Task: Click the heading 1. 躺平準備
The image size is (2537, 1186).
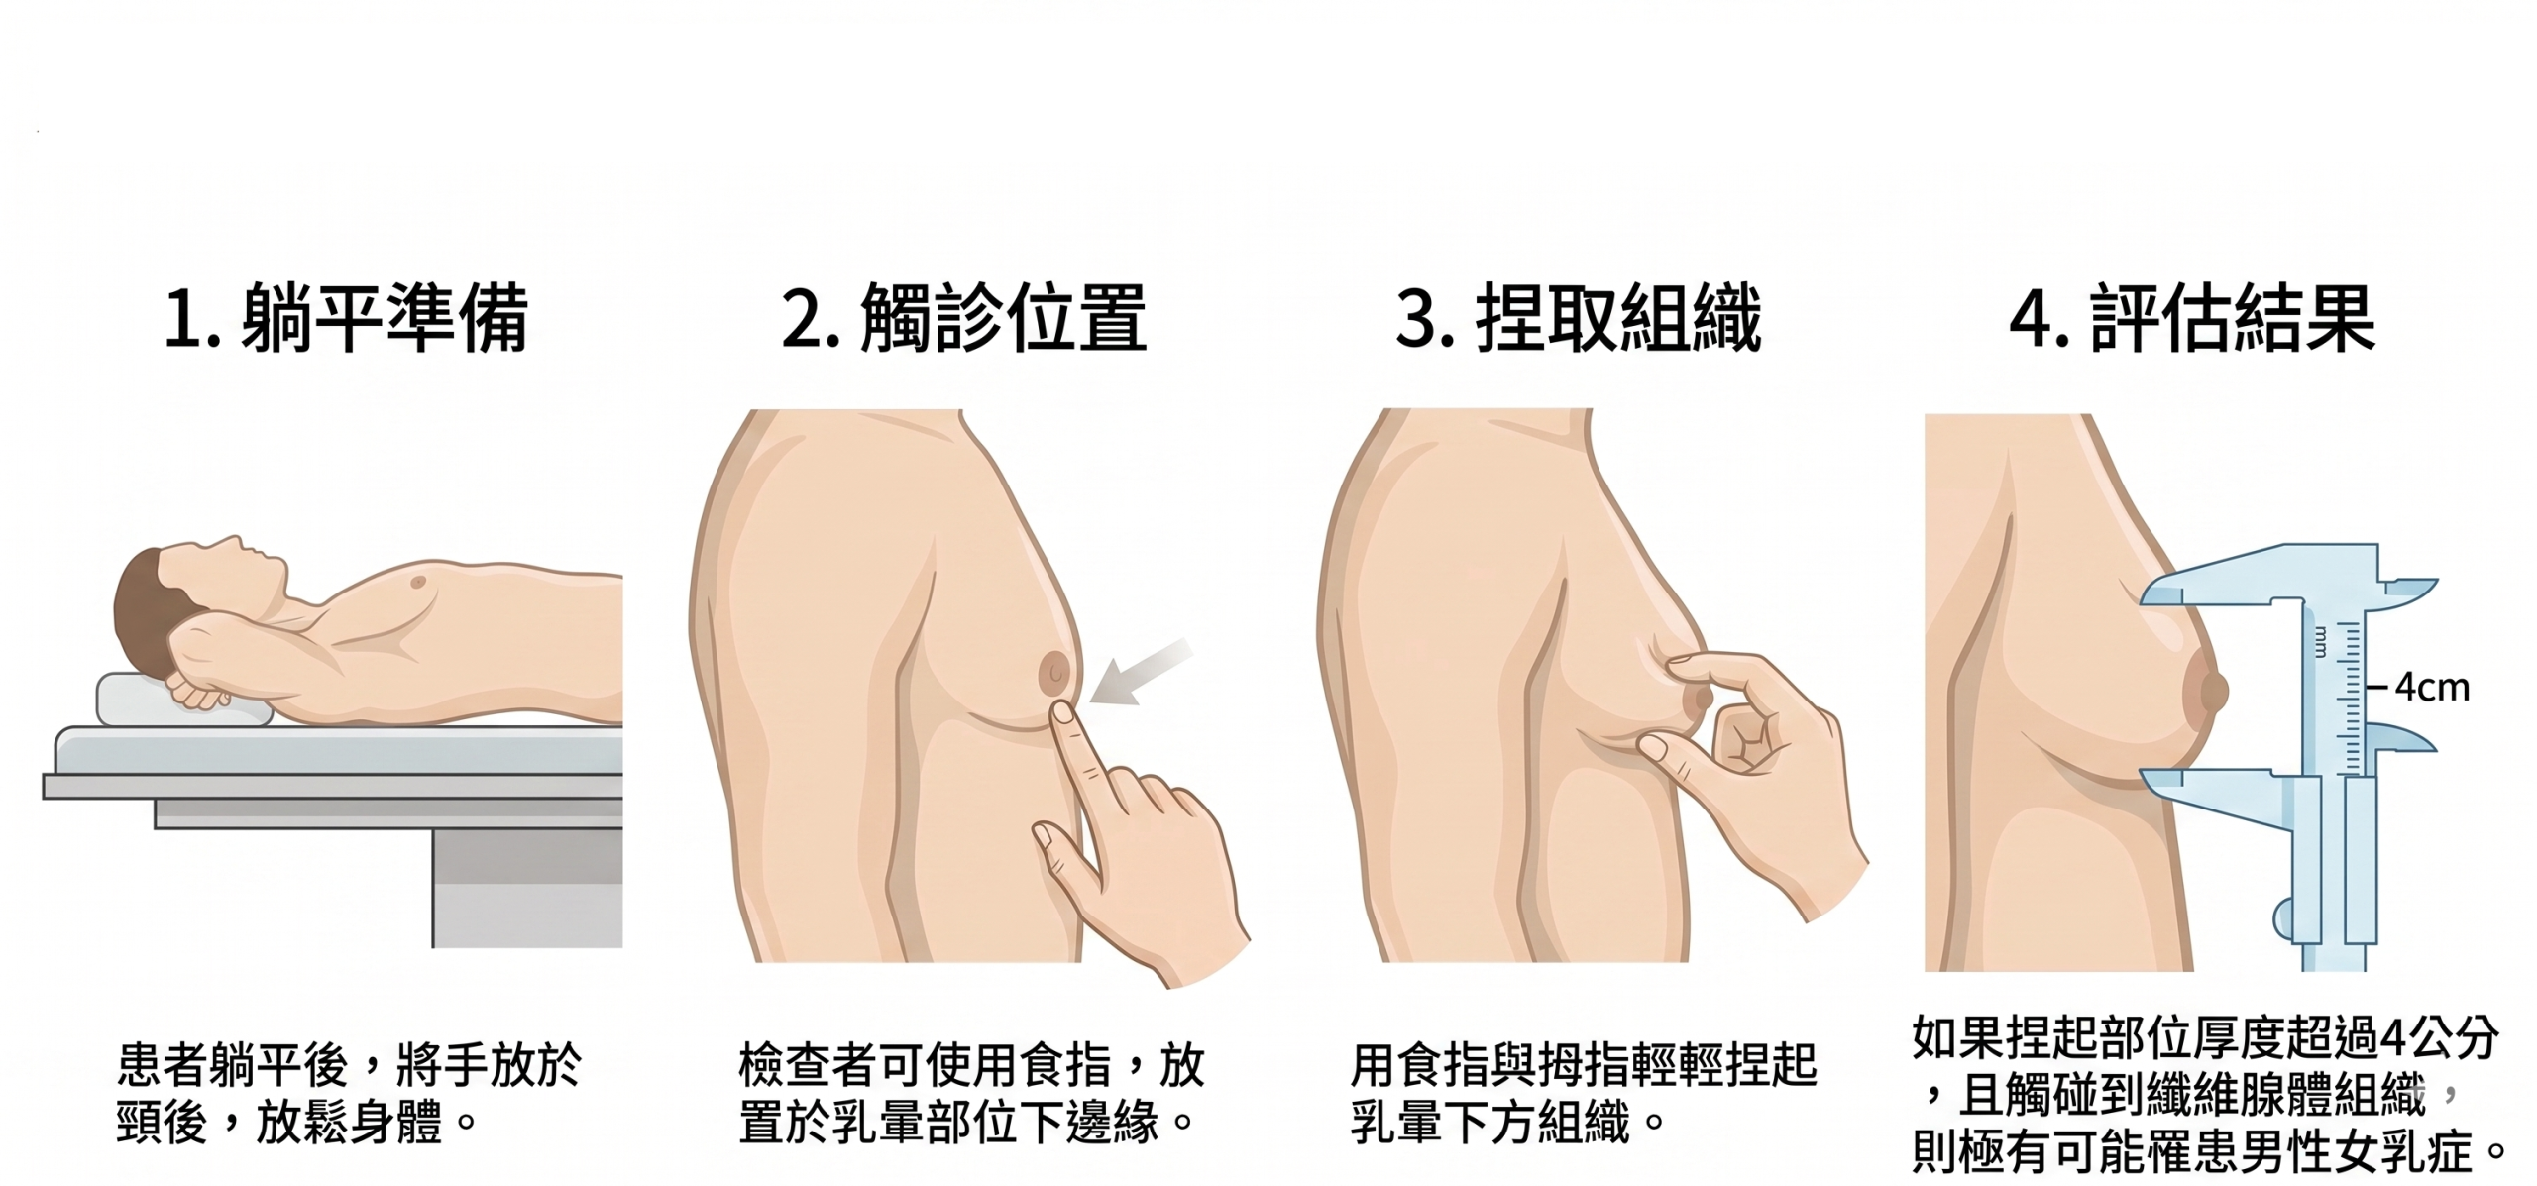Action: (x=346, y=318)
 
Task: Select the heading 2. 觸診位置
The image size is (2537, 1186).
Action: (x=963, y=318)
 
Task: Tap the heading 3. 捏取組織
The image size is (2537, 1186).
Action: (x=1579, y=318)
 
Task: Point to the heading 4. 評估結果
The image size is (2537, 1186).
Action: (x=2192, y=318)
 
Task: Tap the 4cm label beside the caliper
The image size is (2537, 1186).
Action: (x=2432, y=687)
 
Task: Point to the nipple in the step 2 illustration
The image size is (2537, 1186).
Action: (x=1053, y=672)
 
